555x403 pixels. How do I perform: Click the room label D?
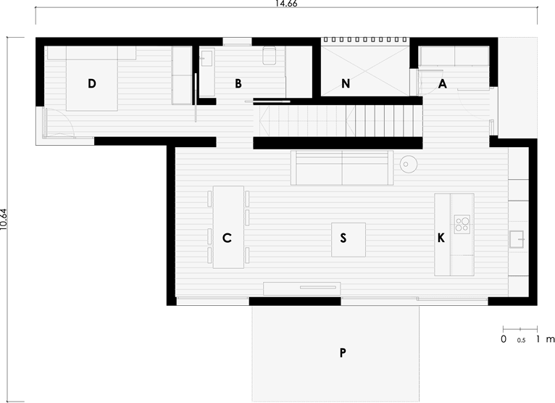[92, 83]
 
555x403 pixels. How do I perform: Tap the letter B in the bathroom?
[238, 83]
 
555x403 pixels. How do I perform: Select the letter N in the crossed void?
[346, 83]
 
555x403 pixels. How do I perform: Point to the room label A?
[443, 84]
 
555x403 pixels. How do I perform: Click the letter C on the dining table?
[227, 238]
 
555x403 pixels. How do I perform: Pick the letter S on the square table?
[343, 238]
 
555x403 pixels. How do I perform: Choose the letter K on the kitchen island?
[441, 238]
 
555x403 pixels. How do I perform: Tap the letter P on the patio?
[343, 353]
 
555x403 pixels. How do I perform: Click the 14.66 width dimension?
[286, 4]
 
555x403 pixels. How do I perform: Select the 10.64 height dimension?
[3, 220]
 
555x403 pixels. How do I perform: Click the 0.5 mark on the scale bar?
[521, 341]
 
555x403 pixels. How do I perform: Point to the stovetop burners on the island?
[462, 224]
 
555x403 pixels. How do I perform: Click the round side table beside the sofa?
[409, 165]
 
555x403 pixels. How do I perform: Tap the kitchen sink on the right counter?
[517, 239]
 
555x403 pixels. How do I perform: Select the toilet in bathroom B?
[270, 55]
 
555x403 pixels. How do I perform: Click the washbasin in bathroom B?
[206, 58]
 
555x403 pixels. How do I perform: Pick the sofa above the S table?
[342, 168]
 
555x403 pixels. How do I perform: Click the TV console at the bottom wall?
[302, 288]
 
